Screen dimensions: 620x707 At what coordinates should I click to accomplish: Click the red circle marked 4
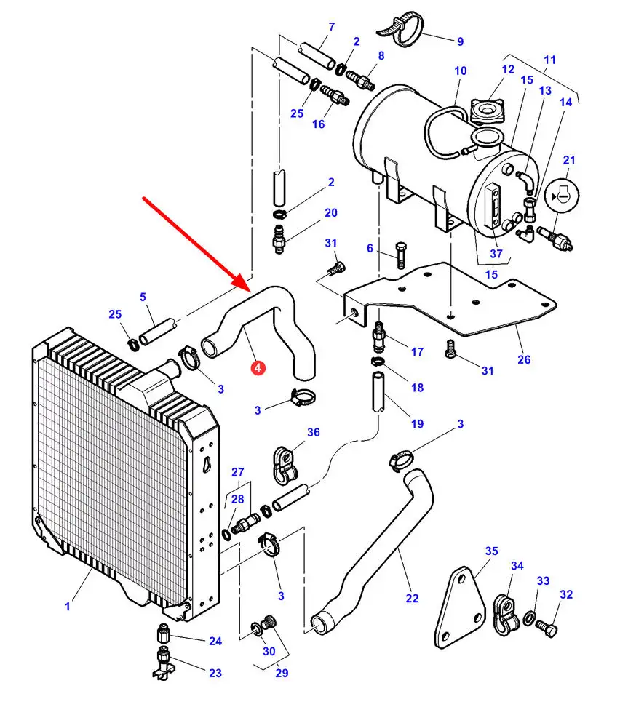pos(258,367)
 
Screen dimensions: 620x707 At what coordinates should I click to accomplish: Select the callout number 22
pos(412,599)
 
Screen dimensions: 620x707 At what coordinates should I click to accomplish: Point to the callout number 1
pos(68,607)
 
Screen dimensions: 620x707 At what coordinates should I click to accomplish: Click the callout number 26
pos(524,360)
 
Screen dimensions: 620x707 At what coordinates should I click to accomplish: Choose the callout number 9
pos(460,41)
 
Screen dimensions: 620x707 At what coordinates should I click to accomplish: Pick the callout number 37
pos(496,254)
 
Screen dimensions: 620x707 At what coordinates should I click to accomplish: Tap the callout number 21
pos(569,160)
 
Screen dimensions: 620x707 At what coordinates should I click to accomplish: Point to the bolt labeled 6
pos(400,255)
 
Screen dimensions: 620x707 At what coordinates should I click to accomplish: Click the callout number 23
pos(215,674)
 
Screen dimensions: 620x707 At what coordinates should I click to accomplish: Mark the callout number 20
pos(331,213)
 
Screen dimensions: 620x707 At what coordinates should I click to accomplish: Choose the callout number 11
pos(549,60)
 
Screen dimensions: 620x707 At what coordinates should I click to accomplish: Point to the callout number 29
pos(282,674)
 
